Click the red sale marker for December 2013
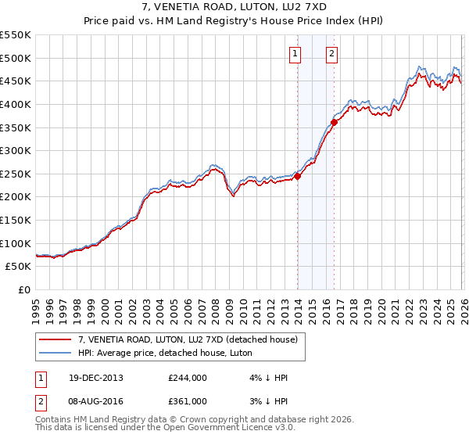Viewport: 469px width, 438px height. (298, 176)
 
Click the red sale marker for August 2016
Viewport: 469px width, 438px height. (334, 122)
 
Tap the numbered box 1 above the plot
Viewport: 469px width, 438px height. (295, 54)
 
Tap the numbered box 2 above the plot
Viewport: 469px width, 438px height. (331, 54)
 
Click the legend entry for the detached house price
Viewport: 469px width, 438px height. (188, 339)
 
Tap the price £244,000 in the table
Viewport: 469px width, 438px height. (187, 378)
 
